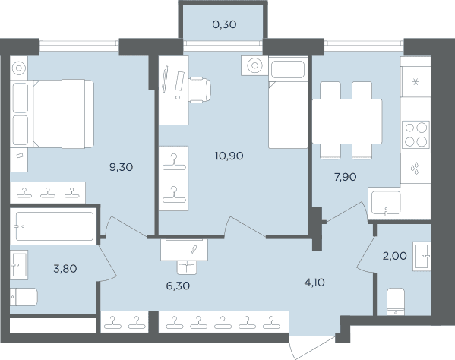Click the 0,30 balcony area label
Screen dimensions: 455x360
[224, 24]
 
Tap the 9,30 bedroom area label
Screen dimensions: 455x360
[122, 167]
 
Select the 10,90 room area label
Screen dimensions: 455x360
[229, 156]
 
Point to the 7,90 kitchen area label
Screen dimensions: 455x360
[346, 177]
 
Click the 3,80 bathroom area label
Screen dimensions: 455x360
[65, 269]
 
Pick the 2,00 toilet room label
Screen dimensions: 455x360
[395, 256]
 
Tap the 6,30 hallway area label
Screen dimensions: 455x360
[178, 286]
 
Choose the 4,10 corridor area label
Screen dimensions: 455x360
[314, 283]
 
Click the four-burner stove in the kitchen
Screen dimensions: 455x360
[416, 135]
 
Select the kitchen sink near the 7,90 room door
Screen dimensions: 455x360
[386, 203]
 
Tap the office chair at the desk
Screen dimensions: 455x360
[200, 90]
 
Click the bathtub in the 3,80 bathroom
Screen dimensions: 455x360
[55, 226]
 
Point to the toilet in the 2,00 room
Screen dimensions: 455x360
[396, 302]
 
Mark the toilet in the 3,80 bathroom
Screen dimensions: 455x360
[24, 297]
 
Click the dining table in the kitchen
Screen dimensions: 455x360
[347, 122]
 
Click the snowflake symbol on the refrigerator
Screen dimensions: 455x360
[416, 82]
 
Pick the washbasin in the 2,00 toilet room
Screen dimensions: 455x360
[422, 257]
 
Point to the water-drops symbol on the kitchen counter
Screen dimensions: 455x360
[415, 169]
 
